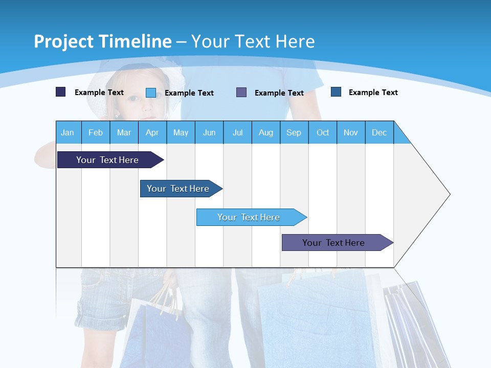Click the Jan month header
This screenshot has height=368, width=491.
pyautogui.click(x=68, y=132)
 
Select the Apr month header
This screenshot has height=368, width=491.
pyautogui.click(x=152, y=132)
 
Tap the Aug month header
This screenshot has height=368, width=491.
pyautogui.click(x=265, y=132)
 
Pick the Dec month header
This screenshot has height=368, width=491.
pyautogui.click(x=379, y=132)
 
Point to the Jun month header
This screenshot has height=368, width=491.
pyautogui.click(x=209, y=132)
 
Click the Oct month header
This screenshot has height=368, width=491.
pyautogui.click(x=323, y=132)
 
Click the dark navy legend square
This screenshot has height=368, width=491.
pyautogui.click(x=61, y=92)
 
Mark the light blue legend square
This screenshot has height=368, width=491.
pyautogui.click(x=151, y=93)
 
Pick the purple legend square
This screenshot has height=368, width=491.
pyautogui.click(x=241, y=93)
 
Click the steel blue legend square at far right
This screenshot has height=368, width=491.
pyautogui.click(x=336, y=92)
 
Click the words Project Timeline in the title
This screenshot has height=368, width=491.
pyautogui.click(x=103, y=41)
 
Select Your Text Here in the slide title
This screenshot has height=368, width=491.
pyautogui.click(x=253, y=41)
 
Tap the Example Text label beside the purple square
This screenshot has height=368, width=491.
pyautogui.click(x=279, y=93)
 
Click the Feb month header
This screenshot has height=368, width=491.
pyautogui.click(x=96, y=132)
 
